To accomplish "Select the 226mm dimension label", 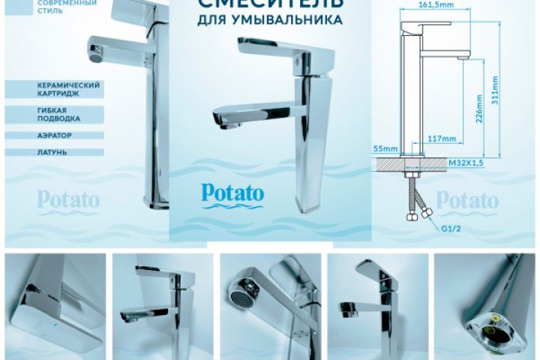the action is click(x=478, y=109).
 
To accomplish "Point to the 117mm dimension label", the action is click(x=442, y=139).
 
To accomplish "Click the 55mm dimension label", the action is click(x=385, y=149).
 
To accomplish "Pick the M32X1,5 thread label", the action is click(x=466, y=163).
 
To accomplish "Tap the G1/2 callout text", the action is click(x=451, y=229).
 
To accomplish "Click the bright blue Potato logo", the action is click(x=232, y=195).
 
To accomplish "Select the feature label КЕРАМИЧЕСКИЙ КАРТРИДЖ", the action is click(x=68, y=89).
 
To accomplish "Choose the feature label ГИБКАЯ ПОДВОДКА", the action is click(x=59, y=114).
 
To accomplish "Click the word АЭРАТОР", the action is click(x=55, y=136).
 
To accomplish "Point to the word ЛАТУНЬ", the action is click(x=52, y=152).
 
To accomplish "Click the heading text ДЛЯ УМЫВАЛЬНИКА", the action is click(x=270, y=19).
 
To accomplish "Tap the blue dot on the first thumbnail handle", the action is click(x=55, y=324).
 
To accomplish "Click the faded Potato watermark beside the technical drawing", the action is click(x=467, y=201).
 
